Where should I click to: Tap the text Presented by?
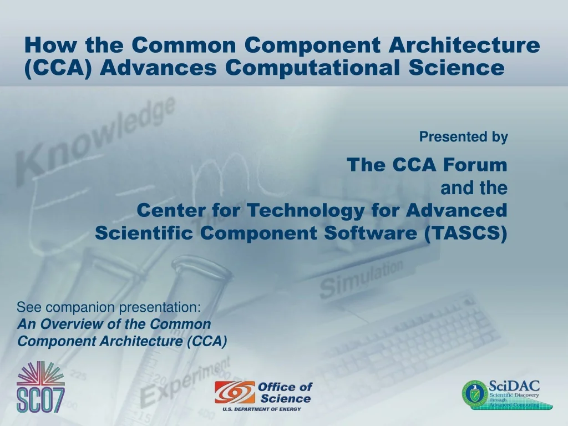(x=463, y=137)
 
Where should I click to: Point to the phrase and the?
(x=474, y=188)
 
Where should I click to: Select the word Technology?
(x=303, y=211)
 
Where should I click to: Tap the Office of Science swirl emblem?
(x=235, y=392)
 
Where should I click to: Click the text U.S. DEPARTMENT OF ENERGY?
(x=262, y=409)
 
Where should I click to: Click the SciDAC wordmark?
(x=514, y=386)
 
